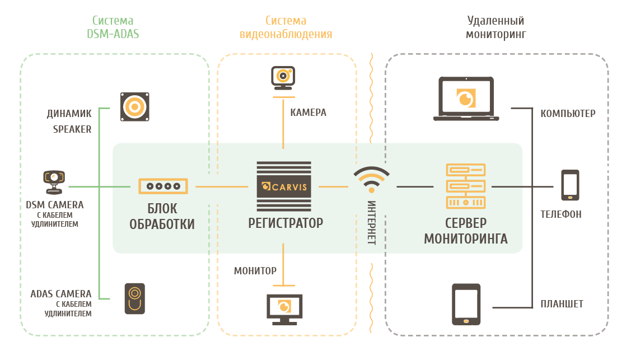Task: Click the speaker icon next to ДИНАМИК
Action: pos(135,107)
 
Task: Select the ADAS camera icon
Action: pos(134,299)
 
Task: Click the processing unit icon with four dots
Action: pos(163,186)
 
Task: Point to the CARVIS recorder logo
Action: pos(284,186)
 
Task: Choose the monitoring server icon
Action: pos(466,186)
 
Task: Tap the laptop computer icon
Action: pos(466,99)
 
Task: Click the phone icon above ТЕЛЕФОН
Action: pos(570,185)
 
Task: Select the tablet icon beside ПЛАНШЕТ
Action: pos(466,305)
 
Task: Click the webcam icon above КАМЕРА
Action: pos(283,78)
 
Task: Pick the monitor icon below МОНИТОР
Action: pos(284,310)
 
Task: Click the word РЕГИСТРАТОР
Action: pos(286,223)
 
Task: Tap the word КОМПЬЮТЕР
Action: pos(568,114)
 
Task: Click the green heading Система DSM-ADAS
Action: pos(113,27)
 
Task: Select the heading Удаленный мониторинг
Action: pos(496,27)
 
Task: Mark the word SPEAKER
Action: pos(72,129)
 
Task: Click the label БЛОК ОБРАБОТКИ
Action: pos(162,217)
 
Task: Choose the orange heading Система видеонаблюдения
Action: pos(286,27)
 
